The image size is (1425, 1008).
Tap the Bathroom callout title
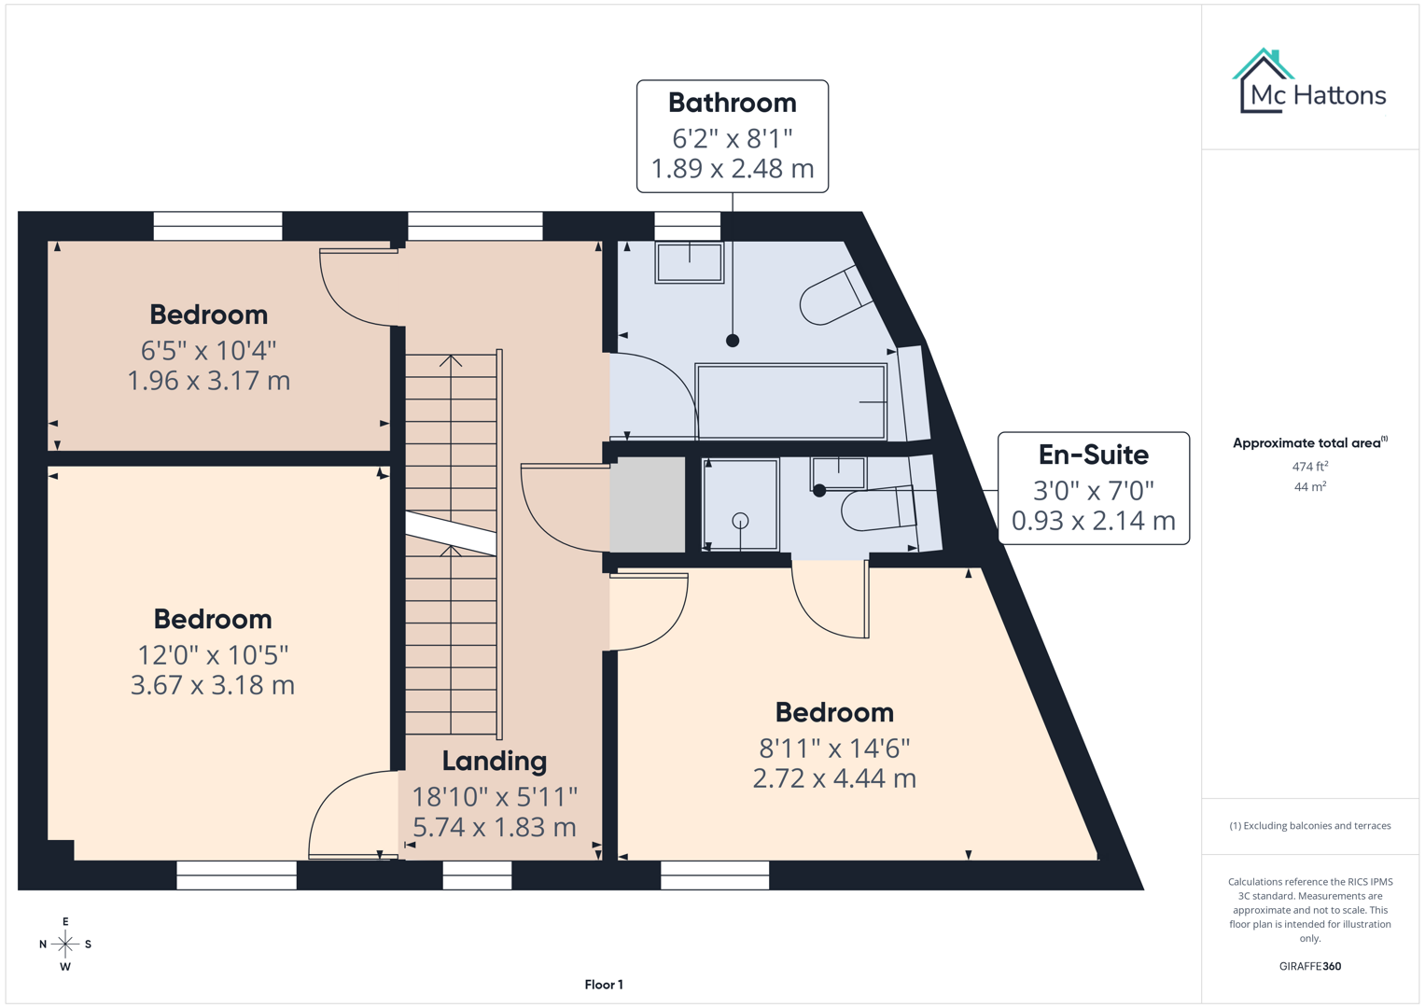pyautogui.click(x=732, y=103)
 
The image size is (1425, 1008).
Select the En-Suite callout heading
pyautogui.click(x=1093, y=455)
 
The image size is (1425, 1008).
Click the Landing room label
pyautogui.click(x=494, y=761)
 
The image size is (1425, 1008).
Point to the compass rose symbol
pyautogui.click(x=65, y=944)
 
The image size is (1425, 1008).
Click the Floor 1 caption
pyautogui.click(x=604, y=985)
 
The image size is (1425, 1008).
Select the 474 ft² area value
pyautogui.click(x=1309, y=466)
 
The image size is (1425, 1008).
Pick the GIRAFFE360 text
pyautogui.click(x=1309, y=966)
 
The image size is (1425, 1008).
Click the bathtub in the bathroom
pyautogui.click(x=790, y=401)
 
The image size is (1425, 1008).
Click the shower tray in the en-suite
pyautogui.click(x=740, y=505)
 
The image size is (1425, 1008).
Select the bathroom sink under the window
pyautogui.click(x=689, y=262)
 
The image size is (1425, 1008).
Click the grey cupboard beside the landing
pyautogui.click(x=647, y=504)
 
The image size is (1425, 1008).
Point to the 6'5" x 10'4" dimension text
pyautogui.click(x=209, y=351)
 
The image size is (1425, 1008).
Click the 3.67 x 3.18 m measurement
pyautogui.click(x=213, y=685)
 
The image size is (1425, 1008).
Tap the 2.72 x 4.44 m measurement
pyautogui.click(x=834, y=778)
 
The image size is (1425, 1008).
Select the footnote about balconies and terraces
pyautogui.click(x=1309, y=826)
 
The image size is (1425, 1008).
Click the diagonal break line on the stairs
pyautogui.click(x=451, y=534)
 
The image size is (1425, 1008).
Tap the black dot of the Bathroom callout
pyautogui.click(x=733, y=341)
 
